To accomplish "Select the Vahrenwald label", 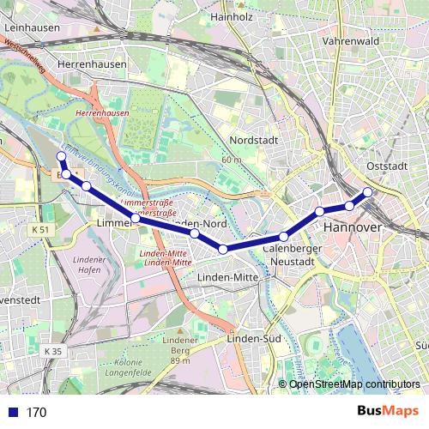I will (350, 40).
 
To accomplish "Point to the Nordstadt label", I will (257, 141).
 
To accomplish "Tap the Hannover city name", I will (351, 228).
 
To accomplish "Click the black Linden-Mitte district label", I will (227, 278).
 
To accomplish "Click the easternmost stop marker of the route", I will (368, 192).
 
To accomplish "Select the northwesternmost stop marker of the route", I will (60, 156).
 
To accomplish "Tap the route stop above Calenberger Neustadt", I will (283, 237).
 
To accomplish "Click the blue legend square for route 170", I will (11, 412).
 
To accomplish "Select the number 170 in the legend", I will (37, 412).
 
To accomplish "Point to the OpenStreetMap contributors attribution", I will (354, 384).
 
